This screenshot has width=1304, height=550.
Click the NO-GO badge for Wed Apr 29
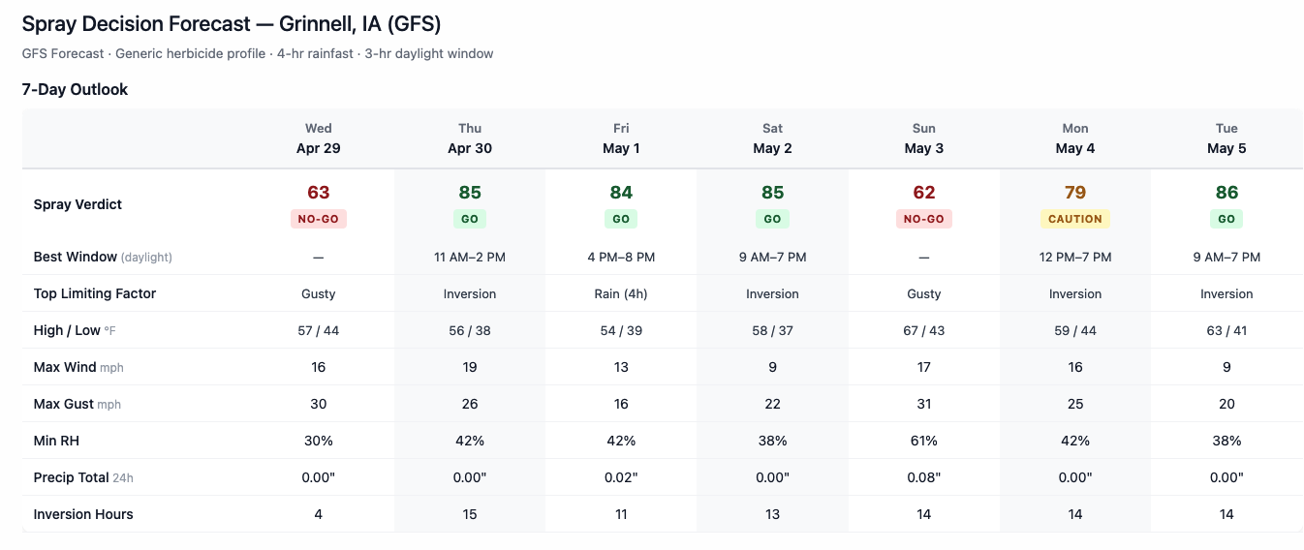tap(318, 219)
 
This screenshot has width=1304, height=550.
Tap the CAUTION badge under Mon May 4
tap(1074, 219)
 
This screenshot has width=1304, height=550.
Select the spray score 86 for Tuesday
tap(1226, 193)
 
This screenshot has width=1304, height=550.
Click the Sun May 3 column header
tap(923, 138)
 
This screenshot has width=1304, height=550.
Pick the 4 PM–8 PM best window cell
tap(621, 257)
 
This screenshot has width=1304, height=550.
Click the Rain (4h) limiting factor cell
tap(621, 293)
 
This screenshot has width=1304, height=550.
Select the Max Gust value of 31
tap(923, 404)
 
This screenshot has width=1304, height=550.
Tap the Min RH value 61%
tap(923, 441)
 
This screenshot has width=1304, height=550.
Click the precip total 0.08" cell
tap(923, 477)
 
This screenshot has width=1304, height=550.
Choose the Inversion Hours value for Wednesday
tap(318, 514)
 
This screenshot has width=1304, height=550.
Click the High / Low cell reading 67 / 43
tap(923, 330)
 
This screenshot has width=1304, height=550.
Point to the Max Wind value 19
tap(470, 367)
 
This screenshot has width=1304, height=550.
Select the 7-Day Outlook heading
tap(76, 89)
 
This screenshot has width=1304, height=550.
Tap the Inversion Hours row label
tap(83, 514)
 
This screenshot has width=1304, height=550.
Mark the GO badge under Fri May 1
tap(621, 219)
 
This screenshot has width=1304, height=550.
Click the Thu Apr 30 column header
tap(470, 138)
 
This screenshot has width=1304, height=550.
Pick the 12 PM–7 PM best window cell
tap(1074, 257)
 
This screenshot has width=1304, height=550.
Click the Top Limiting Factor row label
tap(95, 293)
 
